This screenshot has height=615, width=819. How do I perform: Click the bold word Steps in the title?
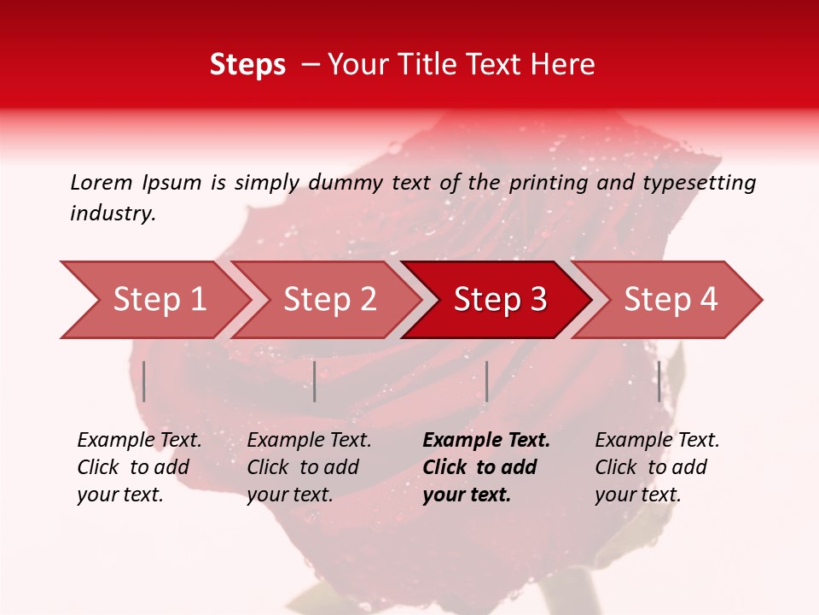[247, 65]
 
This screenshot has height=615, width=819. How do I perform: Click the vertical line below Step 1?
[144, 381]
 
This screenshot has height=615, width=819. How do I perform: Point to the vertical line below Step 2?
[315, 381]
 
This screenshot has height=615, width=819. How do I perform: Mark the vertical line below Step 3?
[486, 381]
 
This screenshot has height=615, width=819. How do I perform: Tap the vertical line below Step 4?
[659, 381]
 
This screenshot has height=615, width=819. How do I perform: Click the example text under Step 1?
[139, 467]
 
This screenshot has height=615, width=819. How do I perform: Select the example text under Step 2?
[309, 467]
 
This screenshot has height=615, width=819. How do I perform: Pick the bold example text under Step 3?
[486, 467]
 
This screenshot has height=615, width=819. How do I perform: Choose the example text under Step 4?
[657, 467]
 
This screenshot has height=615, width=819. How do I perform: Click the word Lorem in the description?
[102, 182]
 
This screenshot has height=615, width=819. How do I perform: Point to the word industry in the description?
[112, 214]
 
